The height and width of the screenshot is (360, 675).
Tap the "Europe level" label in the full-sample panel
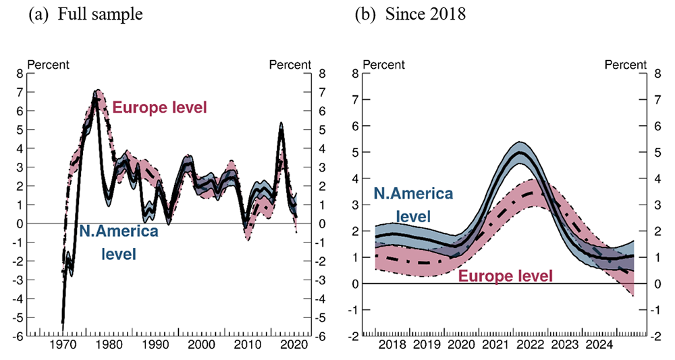(159, 107)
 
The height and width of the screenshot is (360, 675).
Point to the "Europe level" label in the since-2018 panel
(506, 275)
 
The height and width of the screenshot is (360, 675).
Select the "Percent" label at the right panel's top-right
(625, 66)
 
